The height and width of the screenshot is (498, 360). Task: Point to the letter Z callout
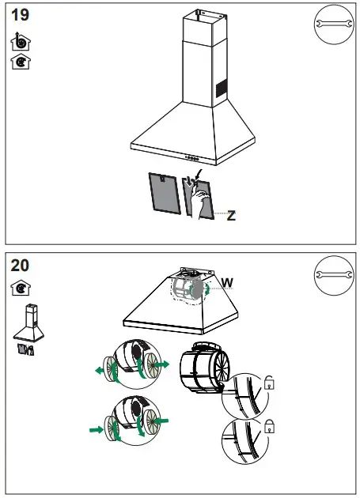tap(230, 215)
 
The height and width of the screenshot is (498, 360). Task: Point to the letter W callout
tap(227, 282)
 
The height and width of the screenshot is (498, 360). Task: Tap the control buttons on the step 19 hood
tap(190, 157)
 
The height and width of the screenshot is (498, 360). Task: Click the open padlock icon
tap(270, 384)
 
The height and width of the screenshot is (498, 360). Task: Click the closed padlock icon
tap(270, 424)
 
